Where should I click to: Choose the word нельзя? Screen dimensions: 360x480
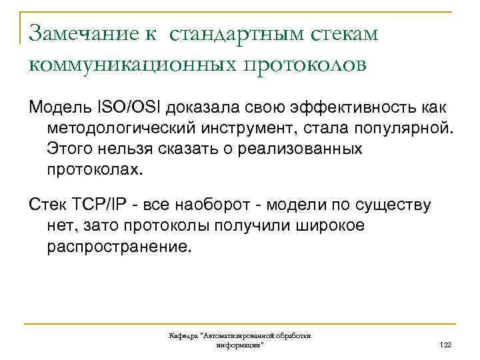click(x=127, y=148)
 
